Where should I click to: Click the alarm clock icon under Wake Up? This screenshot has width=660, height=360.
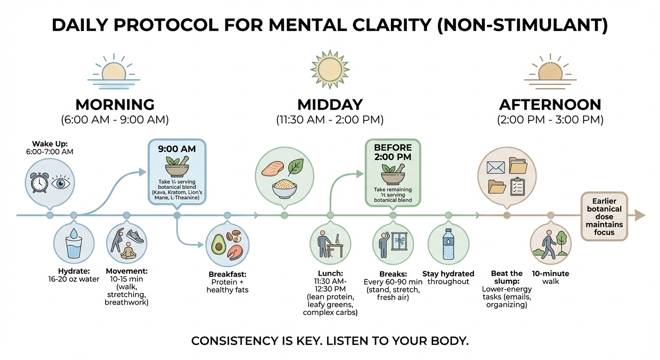(40, 184)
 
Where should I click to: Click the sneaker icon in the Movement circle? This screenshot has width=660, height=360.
(135, 236)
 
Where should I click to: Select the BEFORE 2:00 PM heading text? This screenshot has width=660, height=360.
(393, 153)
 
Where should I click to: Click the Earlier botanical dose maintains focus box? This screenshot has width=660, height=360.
(604, 216)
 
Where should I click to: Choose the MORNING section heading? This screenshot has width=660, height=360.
(115, 104)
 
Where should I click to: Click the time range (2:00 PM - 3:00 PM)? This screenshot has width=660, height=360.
(550, 120)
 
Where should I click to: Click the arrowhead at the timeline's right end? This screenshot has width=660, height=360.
(639, 216)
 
